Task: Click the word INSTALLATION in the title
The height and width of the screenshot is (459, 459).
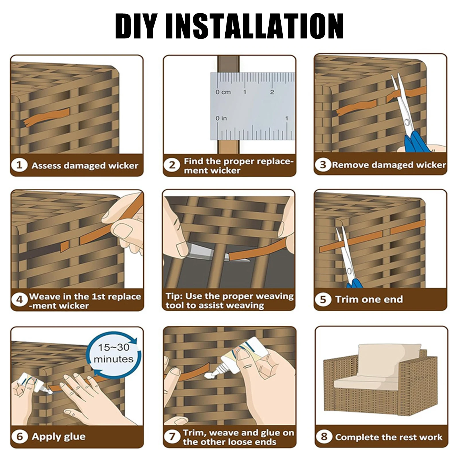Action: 255,26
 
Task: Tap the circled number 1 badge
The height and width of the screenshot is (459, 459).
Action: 19,165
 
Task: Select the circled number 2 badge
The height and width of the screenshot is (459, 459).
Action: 172,165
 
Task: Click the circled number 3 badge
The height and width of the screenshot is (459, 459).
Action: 323,165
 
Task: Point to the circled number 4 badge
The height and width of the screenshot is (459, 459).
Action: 19,300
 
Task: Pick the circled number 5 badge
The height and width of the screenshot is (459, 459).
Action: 323,299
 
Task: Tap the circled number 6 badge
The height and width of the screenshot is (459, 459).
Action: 19,436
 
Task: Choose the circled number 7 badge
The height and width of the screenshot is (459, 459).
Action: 172,437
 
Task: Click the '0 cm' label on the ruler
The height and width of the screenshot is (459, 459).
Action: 223,92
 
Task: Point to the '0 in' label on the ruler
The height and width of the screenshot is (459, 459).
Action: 221,118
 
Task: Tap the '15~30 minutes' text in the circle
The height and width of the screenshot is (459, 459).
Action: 114,353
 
